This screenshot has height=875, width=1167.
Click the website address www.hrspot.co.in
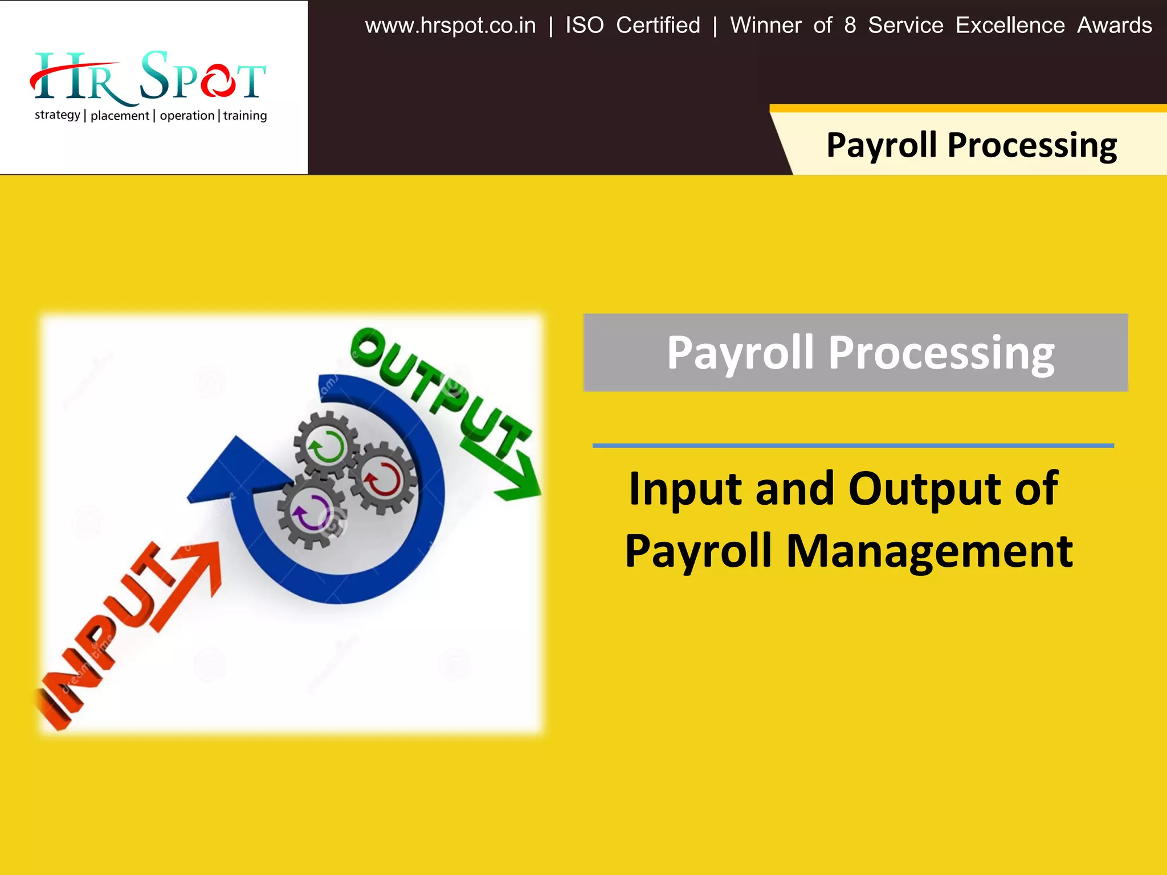pos(450,26)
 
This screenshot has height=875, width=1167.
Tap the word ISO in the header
pos(584,26)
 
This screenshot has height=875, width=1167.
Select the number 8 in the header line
pos(850,26)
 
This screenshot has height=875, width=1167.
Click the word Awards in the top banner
pos(1114,26)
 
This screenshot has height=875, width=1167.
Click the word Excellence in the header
pos(1010,26)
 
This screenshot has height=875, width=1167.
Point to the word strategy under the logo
pos(58,115)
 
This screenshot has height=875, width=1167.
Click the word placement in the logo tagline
pos(120,116)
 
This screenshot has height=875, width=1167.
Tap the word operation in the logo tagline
pos(187,116)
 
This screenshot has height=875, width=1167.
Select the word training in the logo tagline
pos(245,116)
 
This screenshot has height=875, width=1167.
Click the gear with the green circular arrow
pos(326,445)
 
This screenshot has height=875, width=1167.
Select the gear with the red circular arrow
pos(383,479)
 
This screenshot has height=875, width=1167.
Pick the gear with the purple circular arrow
pos(311,511)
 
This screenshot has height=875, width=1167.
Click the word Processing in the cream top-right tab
pos(1031,145)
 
